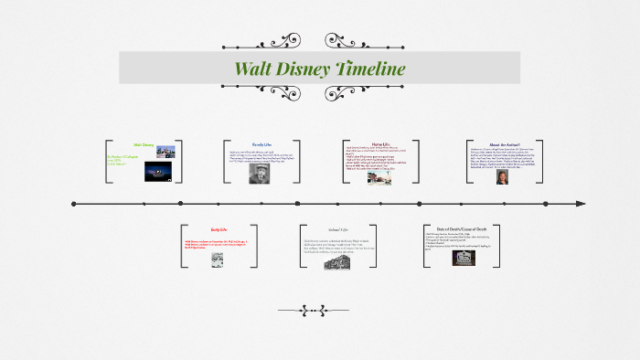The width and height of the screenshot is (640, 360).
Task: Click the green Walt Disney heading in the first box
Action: [x=144, y=144]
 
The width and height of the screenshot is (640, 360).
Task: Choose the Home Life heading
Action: [x=381, y=144]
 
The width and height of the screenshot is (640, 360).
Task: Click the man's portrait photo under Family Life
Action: [x=259, y=174]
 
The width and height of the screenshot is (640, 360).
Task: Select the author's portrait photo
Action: [x=502, y=176]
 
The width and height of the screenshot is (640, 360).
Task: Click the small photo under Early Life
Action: [x=219, y=259]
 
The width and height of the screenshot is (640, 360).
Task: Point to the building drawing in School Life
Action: [x=337, y=261]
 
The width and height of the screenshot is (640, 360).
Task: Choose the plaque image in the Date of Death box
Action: [x=464, y=258]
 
